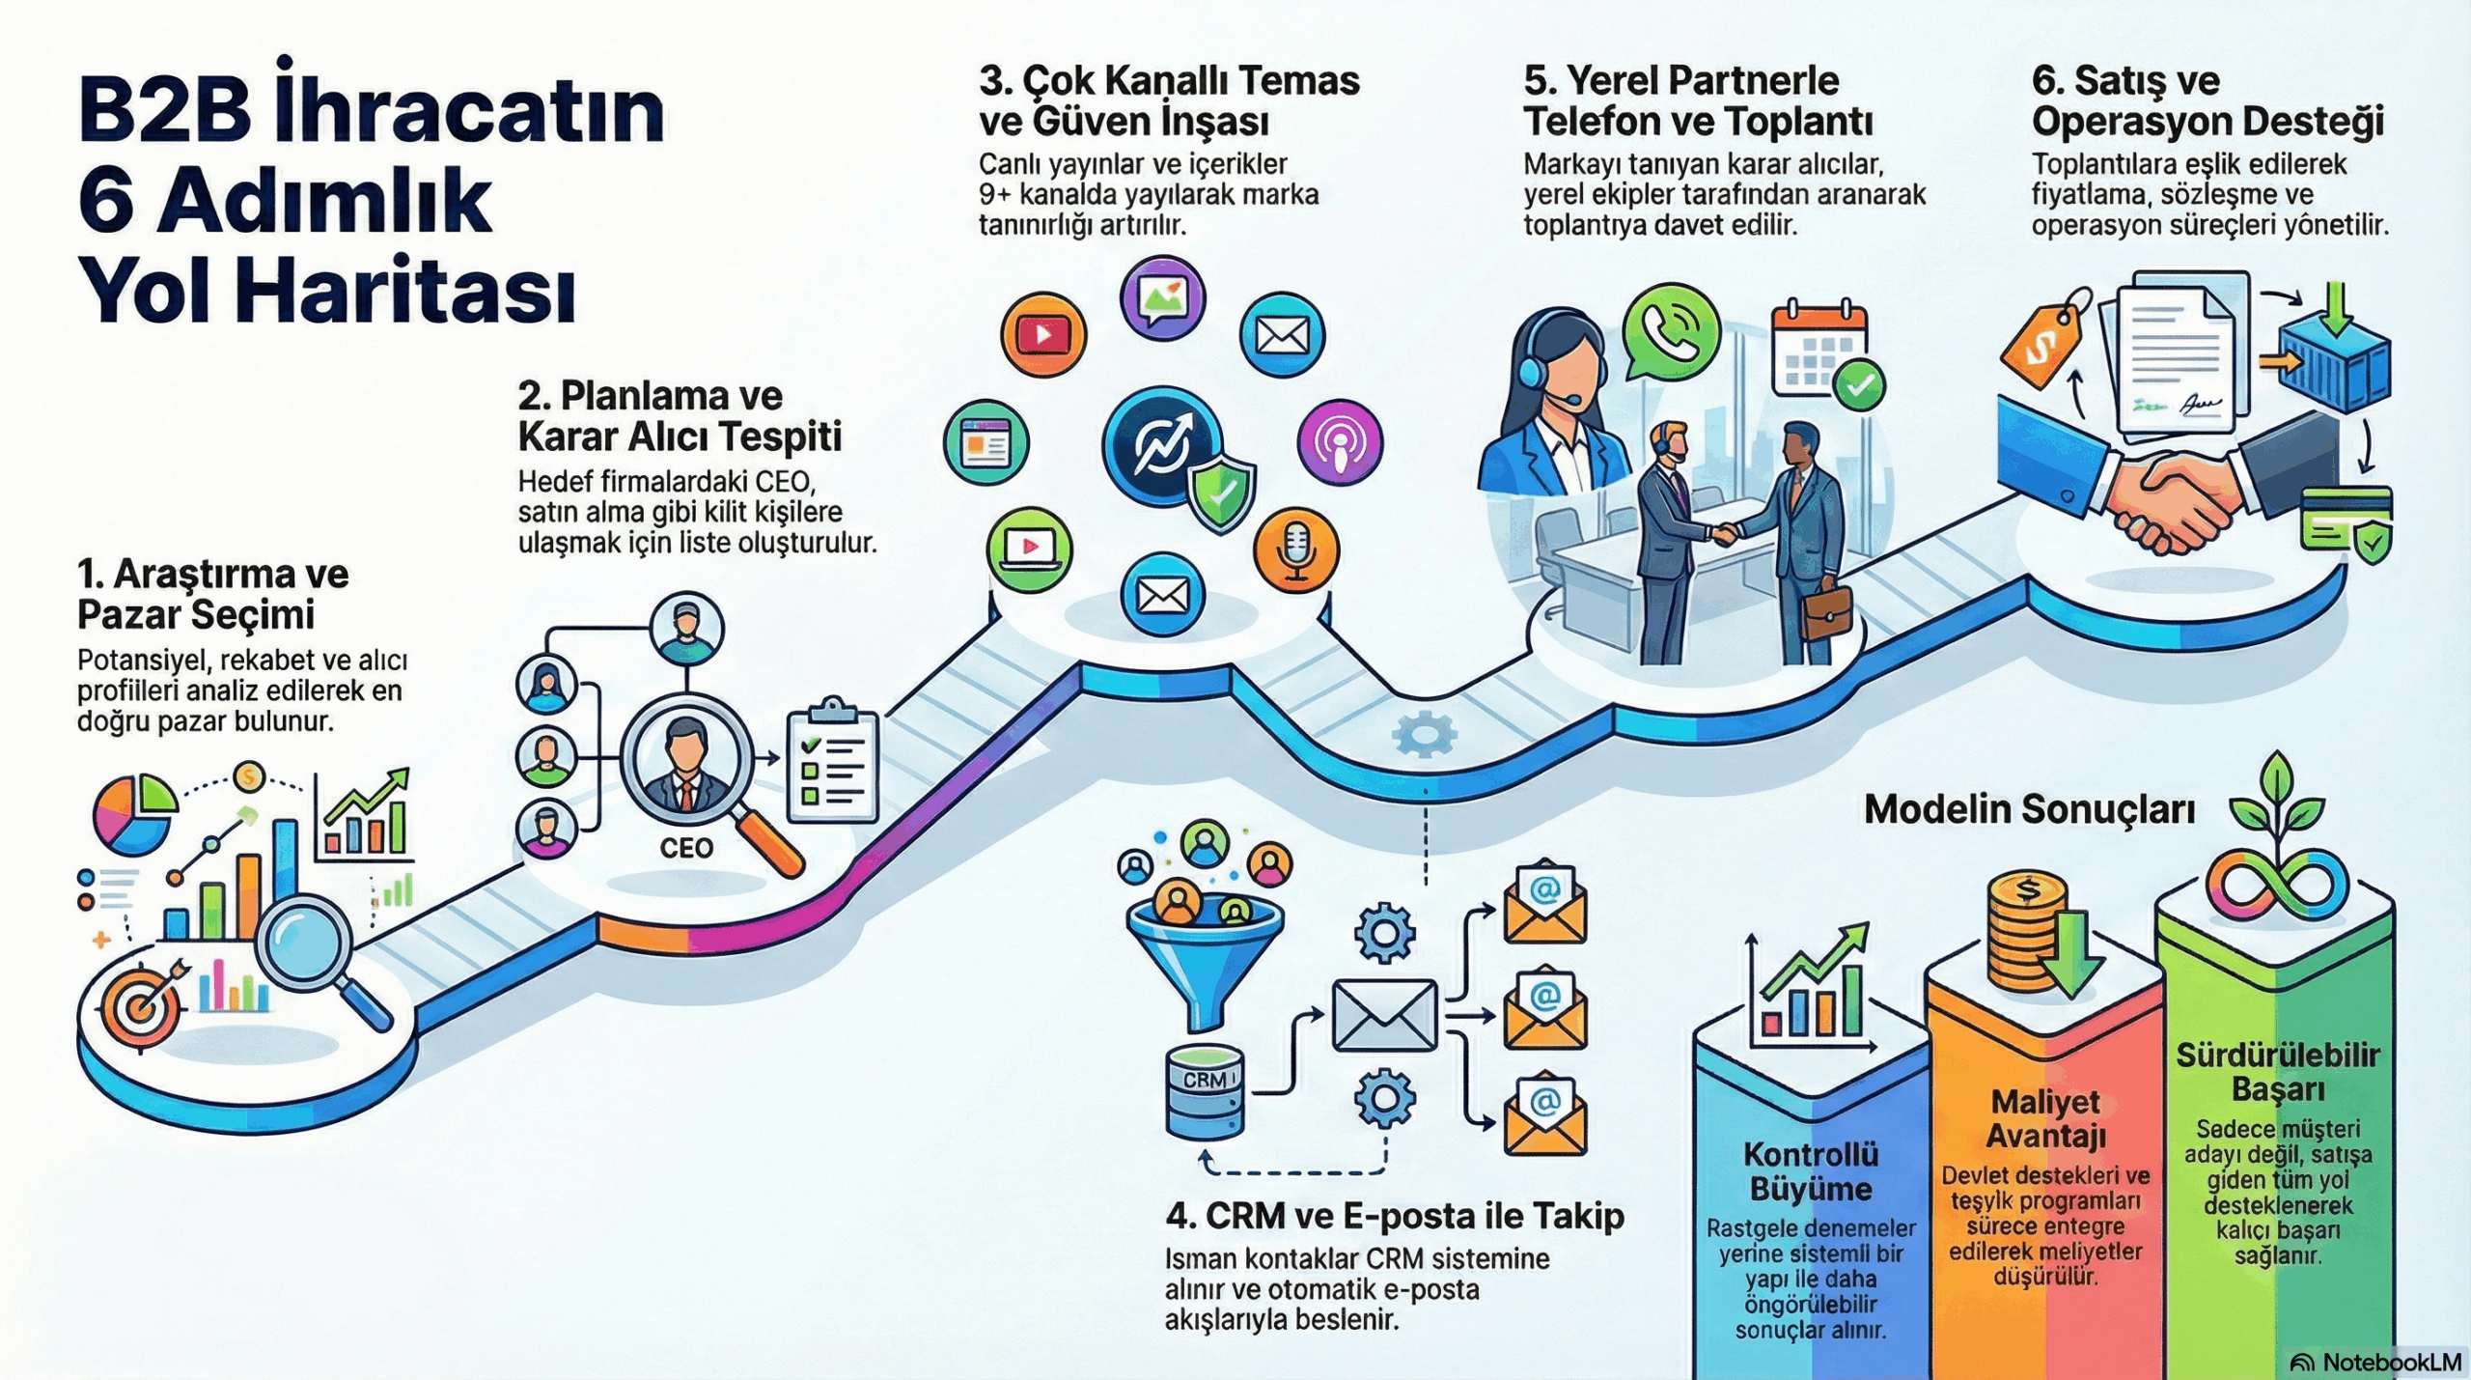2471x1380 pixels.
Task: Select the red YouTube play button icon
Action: point(1042,334)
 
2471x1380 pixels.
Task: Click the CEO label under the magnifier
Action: point(686,848)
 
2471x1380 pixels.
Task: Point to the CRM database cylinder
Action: point(1204,1091)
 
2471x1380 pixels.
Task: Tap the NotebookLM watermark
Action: point(2376,1362)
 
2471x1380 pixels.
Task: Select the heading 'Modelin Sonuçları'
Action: point(2029,809)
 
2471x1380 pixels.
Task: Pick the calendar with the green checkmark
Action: point(1823,352)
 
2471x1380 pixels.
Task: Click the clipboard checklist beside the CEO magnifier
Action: point(832,763)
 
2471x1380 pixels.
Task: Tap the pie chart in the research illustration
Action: point(134,814)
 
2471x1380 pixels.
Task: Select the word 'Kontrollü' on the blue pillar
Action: point(1811,1154)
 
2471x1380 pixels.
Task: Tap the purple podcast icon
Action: point(1340,443)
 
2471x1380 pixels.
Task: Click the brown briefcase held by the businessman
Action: point(1827,611)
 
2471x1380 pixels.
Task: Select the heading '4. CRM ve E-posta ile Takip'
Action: point(1395,1216)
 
